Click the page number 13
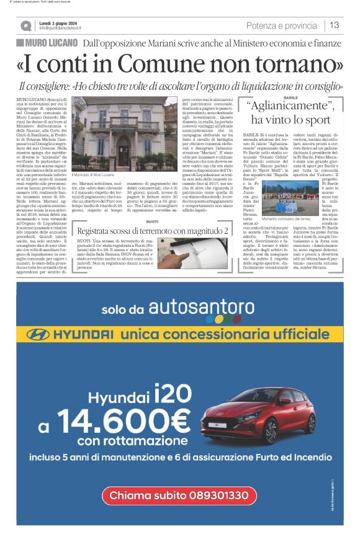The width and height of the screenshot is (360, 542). click(334, 25)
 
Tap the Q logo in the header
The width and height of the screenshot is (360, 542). click(25, 25)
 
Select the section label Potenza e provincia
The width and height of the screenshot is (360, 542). click(281, 25)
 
